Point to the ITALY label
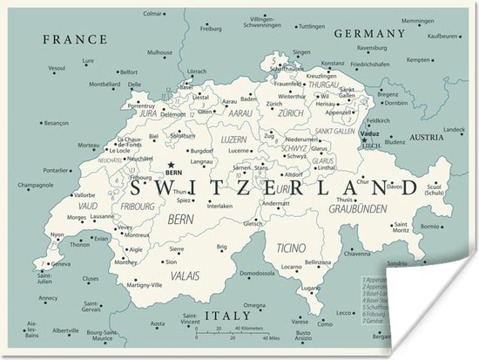[224, 315]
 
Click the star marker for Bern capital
[172, 163]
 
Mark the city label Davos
[395, 186]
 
